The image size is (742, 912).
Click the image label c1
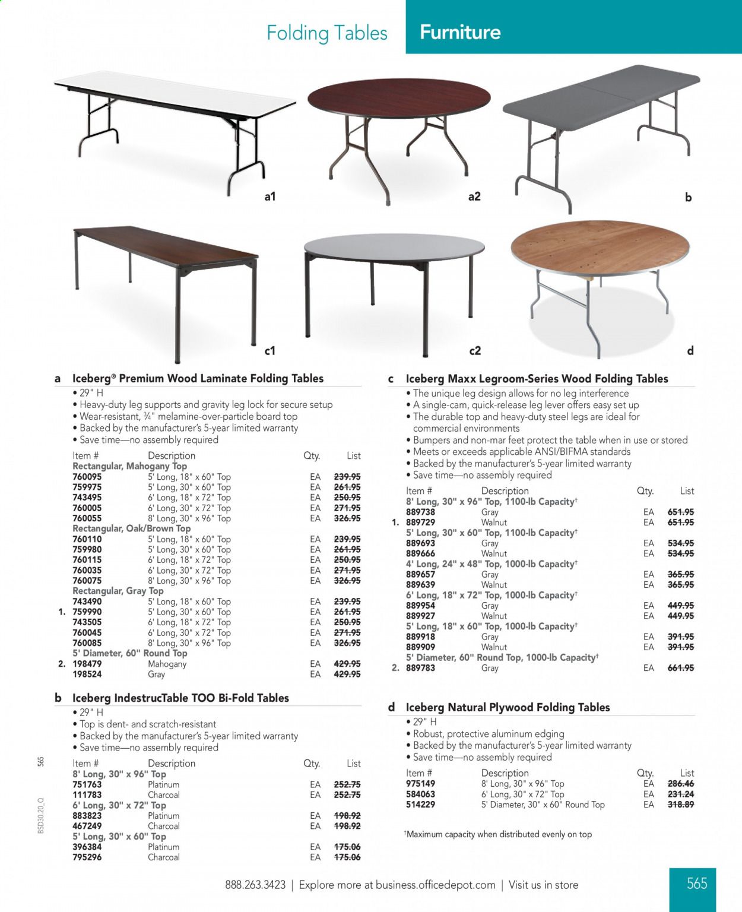270,351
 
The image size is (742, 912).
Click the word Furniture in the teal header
460,32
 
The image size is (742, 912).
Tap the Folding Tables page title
327,33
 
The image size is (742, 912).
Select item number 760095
87,477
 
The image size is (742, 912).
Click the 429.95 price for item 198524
347,674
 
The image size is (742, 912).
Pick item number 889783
421,668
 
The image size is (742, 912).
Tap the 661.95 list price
681,668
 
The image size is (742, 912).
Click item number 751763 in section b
87,784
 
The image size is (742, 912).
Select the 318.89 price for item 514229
681,805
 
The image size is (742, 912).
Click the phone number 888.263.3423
255,885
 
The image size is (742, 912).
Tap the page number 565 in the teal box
697,883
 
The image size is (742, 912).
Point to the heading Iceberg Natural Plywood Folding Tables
508,707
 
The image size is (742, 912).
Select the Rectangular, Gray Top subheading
118,591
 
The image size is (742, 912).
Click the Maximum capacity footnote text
499,834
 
